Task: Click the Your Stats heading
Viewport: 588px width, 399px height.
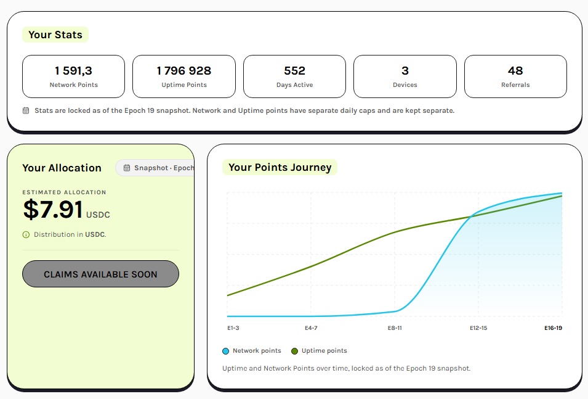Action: coord(55,35)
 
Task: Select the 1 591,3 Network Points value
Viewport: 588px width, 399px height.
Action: coord(73,71)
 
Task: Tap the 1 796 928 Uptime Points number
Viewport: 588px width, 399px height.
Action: coord(184,71)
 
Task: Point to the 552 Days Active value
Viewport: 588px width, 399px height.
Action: coord(295,71)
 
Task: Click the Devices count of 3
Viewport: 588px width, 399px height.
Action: coord(405,71)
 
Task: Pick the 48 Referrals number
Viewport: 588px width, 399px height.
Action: coord(515,71)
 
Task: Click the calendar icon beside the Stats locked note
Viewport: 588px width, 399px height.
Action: coord(26,110)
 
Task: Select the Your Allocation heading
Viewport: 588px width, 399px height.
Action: coord(62,168)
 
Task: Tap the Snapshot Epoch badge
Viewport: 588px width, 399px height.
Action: coord(155,168)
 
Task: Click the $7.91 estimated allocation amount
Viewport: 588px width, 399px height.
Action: coord(53,209)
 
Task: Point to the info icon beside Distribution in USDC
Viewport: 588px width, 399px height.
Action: coord(26,235)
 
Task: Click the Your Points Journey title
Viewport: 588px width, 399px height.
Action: coord(280,167)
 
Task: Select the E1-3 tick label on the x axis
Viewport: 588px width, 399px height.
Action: coord(233,328)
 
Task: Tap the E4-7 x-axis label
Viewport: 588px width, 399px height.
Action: coord(312,328)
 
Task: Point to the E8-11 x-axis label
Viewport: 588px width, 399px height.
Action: coord(395,328)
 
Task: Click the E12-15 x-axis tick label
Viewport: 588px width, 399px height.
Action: coord(478,328)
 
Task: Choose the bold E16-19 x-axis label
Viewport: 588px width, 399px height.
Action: coord(553,328)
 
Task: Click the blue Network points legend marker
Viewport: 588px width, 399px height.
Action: coord(226,352)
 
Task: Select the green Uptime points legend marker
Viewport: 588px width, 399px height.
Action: coord(295,352)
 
